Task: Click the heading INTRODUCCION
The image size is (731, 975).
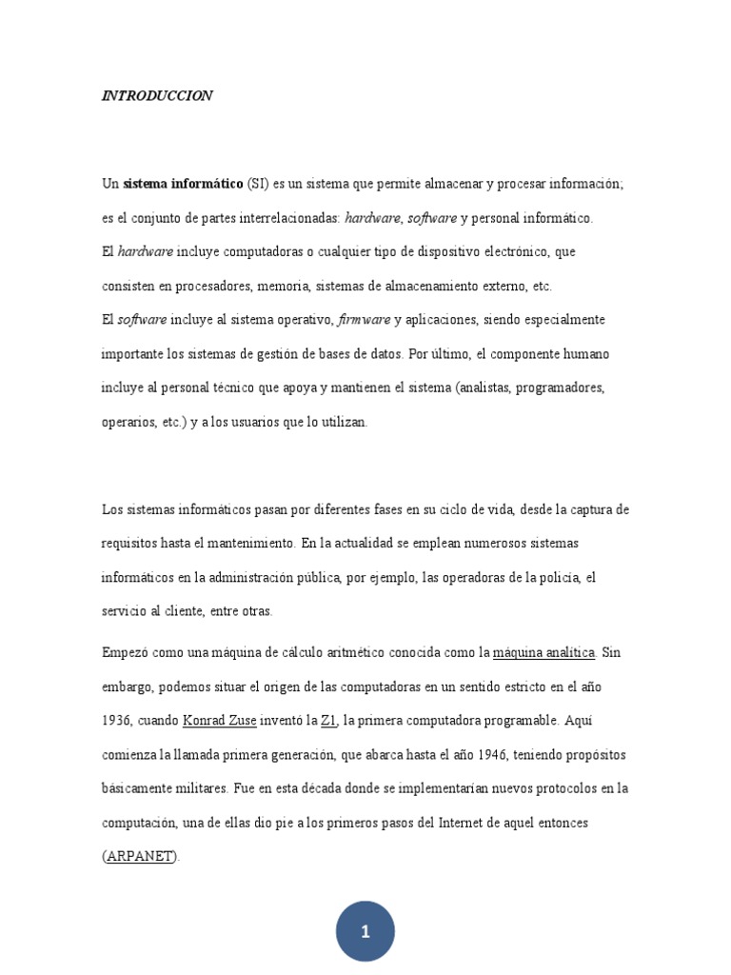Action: [157, 96]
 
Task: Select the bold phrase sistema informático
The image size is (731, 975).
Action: [183, 184]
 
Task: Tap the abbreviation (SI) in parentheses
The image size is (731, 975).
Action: [258, 184]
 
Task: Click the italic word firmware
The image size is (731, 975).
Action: [364, 320]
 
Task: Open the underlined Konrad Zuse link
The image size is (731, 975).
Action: [219, 721]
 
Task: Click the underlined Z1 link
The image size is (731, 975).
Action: [329, 721]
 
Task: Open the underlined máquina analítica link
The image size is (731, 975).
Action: [543, 652]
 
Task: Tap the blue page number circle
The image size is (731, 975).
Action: [365, 931]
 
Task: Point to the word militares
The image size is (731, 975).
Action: [200, 788]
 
